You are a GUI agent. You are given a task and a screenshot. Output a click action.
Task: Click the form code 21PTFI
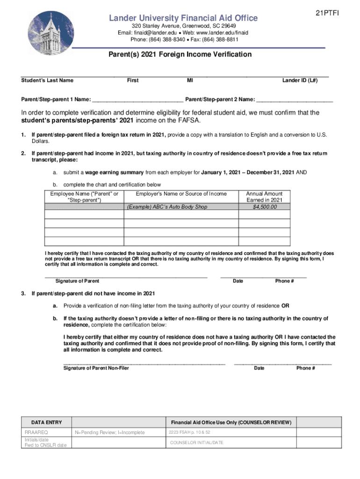tap(327, 14)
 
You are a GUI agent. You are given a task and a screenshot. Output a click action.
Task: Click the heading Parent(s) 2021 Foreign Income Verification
tap(180, 55)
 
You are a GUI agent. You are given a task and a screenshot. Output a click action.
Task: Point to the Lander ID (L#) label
tap(300, 80)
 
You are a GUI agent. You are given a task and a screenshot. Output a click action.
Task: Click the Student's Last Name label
tap(47, 80)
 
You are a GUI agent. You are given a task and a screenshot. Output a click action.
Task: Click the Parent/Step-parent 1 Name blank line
tap(137, 100)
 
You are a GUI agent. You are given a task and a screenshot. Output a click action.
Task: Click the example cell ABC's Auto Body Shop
tap(167, 207)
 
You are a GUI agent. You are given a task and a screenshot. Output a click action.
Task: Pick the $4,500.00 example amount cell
tap(264, 207)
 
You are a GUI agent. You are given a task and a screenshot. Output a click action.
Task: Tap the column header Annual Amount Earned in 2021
tap(264, 197)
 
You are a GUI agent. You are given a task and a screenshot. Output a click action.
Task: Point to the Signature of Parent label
tap(77, 281)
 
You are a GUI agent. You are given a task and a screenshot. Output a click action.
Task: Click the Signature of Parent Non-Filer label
tap(96, 368)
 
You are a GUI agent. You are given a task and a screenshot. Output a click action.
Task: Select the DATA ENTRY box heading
tap(46, 422)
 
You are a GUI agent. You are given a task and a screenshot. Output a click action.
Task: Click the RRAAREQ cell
tap(36, 433)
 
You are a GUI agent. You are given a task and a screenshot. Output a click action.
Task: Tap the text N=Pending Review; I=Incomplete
tap(109, 433)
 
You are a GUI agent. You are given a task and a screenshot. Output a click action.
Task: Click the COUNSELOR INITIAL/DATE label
tap(196, 443)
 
